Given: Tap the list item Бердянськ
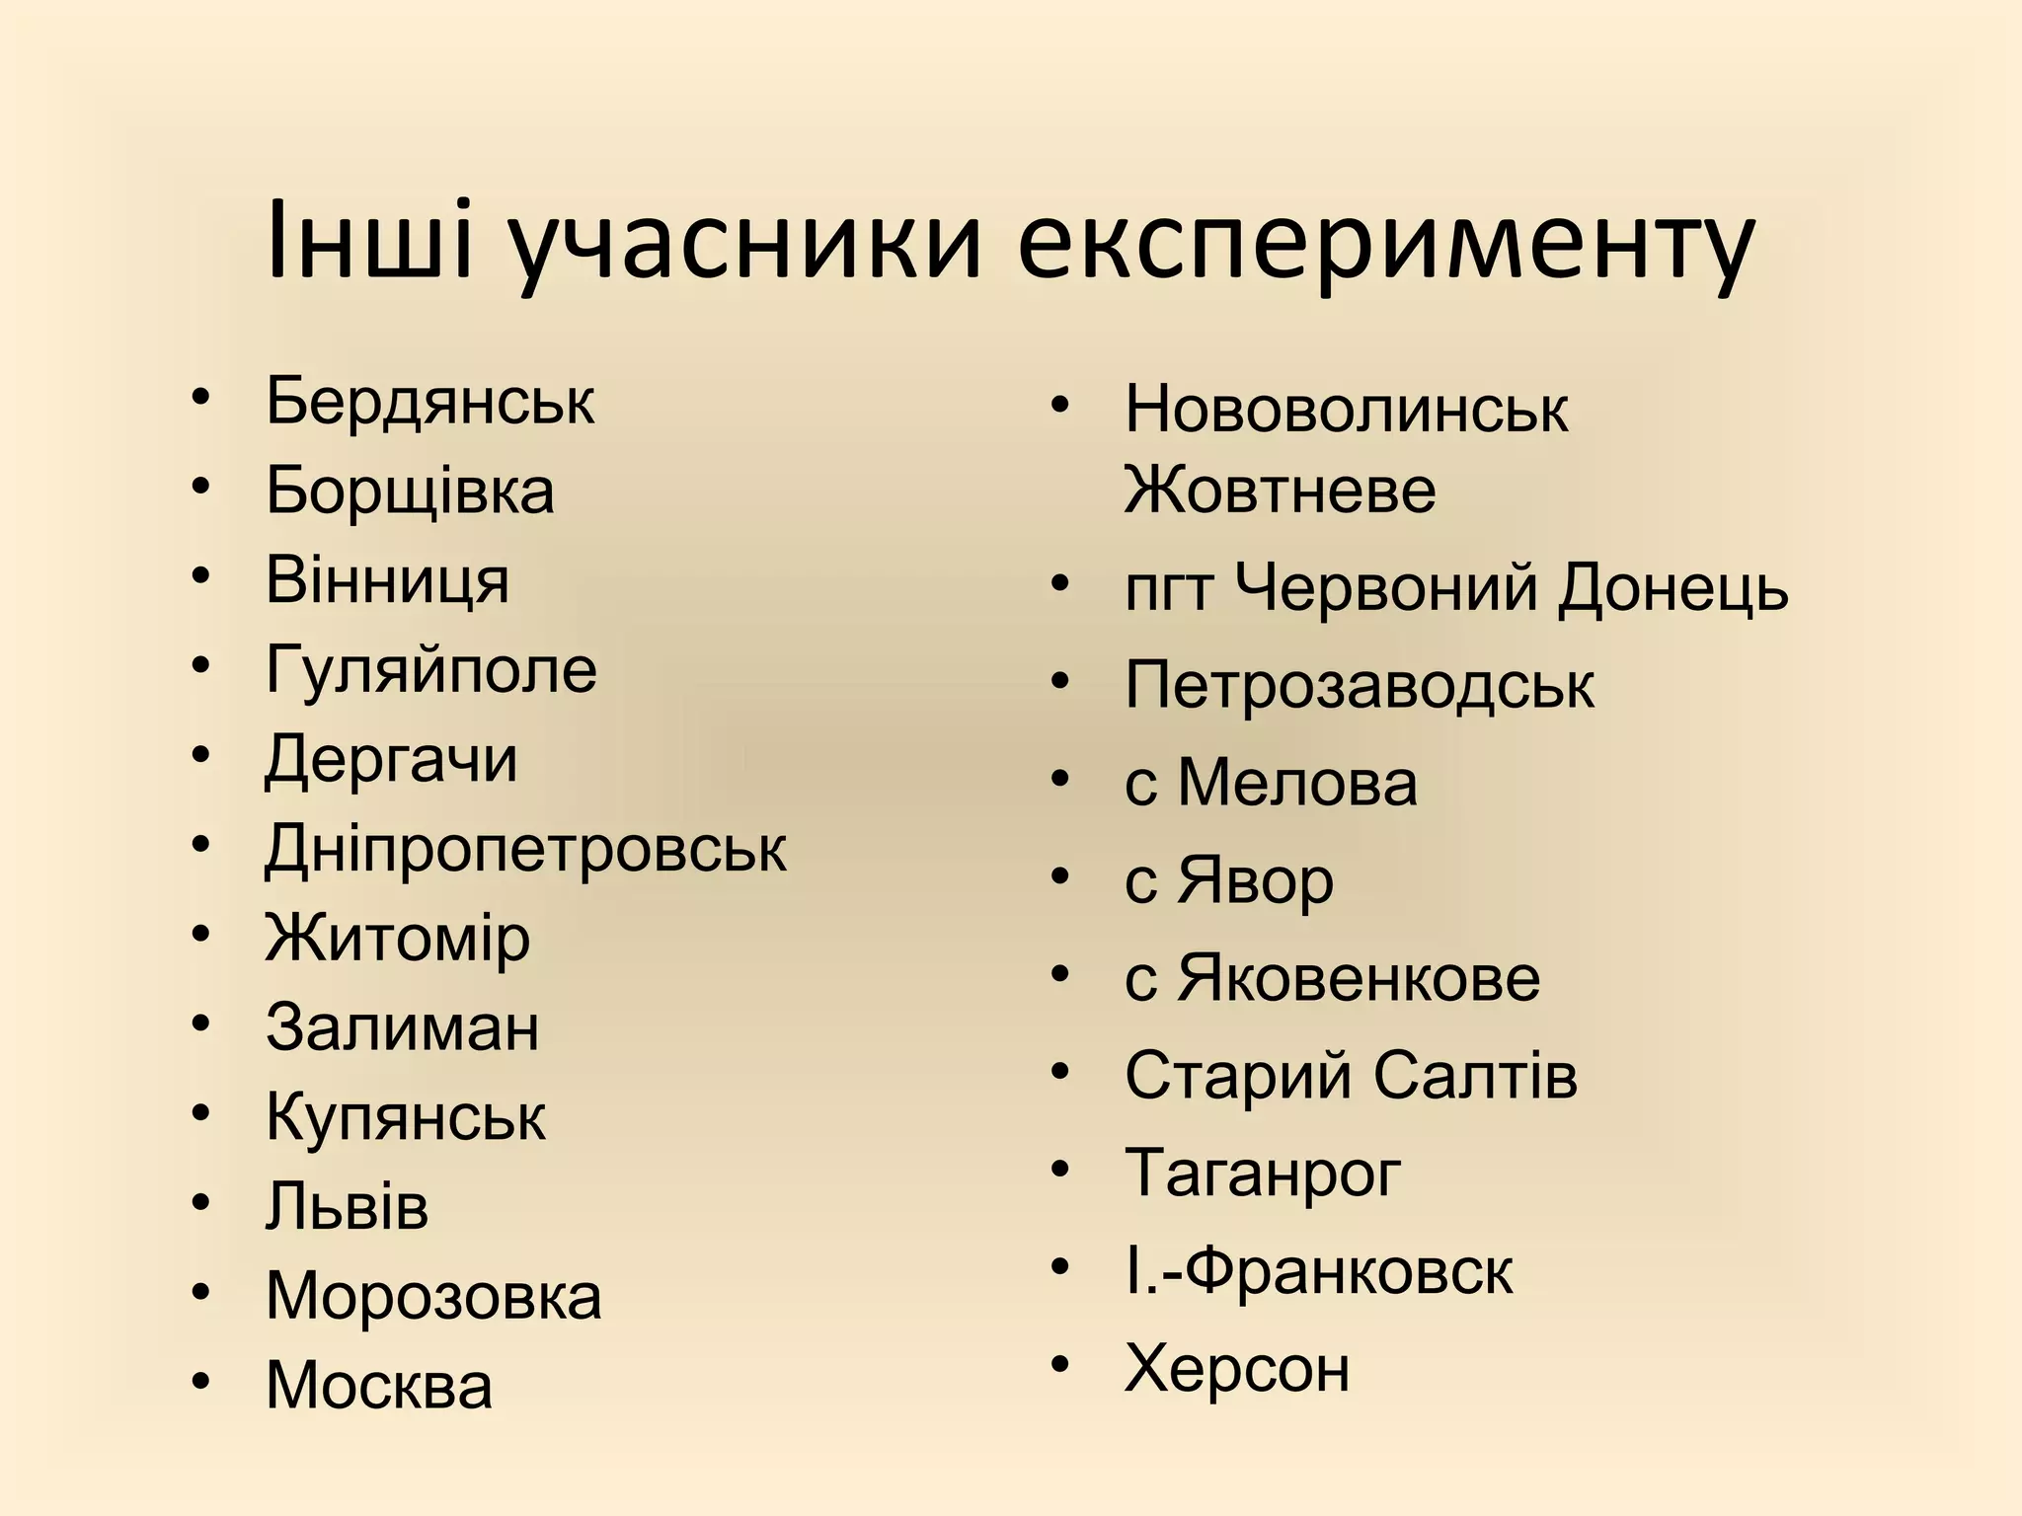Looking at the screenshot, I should pyautogui.click(x=429, y=401).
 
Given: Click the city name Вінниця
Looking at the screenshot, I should pyautogui.click(x=387, y=580).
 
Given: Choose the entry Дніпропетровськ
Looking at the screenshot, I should pyautogui.click(x=525, y=850).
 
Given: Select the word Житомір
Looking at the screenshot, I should pyautogui.click(x=397, y=939).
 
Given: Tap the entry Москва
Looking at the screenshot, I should pyautogui.click(x=378, y=1385).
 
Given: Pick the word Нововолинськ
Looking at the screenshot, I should pyautogui.click(x=1346, y=409).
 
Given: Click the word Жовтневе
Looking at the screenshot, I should pyautogui.click(x=1280, y=490).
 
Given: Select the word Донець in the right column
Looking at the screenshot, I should pyautogui.click(x=1673, y=588).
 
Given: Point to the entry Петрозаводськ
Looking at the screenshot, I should pyautogui.click(x=1359, y=685).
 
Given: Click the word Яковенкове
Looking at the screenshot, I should pyautogui.click(x=1359, y=978).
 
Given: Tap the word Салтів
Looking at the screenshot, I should pyautogui.click(x=1475, y=1075).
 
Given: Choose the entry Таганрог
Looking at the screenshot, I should pyautogui.click(x=1263, y=1174).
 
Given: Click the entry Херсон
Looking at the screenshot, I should pyautogui.click(x=1237, y=1368).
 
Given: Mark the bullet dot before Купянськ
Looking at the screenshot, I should pyautogui.click(x=201, y=1113).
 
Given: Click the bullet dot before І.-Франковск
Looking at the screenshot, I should pyautogui.click(x=1060, y=1267).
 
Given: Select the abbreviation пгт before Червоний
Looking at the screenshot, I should pyautogui.click(x=1168, y=590).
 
